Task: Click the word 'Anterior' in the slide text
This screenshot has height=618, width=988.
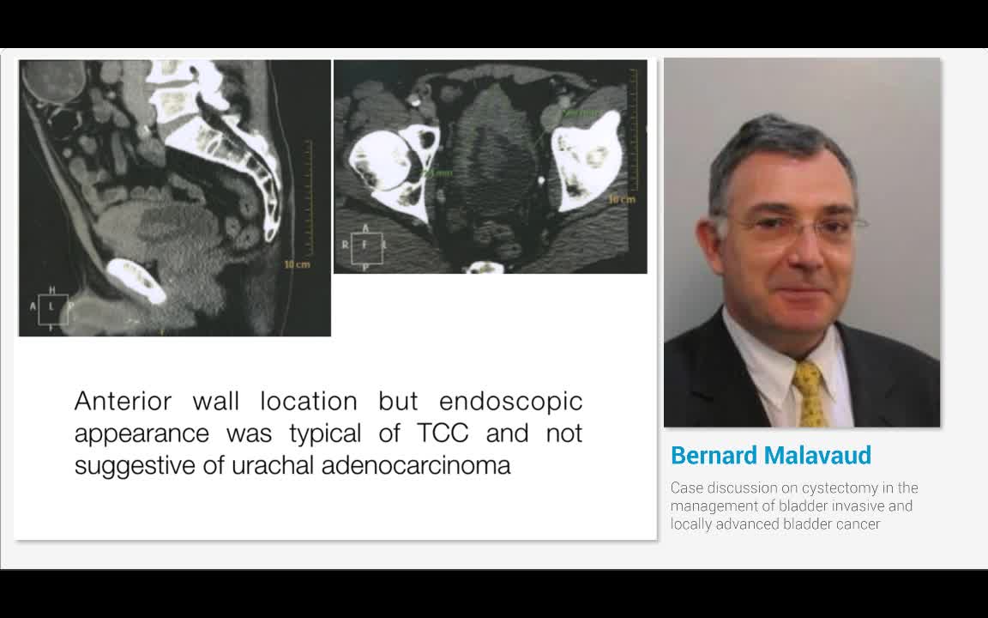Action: coord(122,401)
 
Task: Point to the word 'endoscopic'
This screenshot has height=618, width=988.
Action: coord(510,401)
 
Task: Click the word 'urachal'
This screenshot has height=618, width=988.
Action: coord(274,465)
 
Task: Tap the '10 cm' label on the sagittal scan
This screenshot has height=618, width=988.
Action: coord(296,264)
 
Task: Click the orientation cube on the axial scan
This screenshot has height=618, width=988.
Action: coord(364,245)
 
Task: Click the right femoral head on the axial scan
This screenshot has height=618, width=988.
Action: coord(382,163)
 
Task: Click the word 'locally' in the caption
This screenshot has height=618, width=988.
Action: coord(691,524)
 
